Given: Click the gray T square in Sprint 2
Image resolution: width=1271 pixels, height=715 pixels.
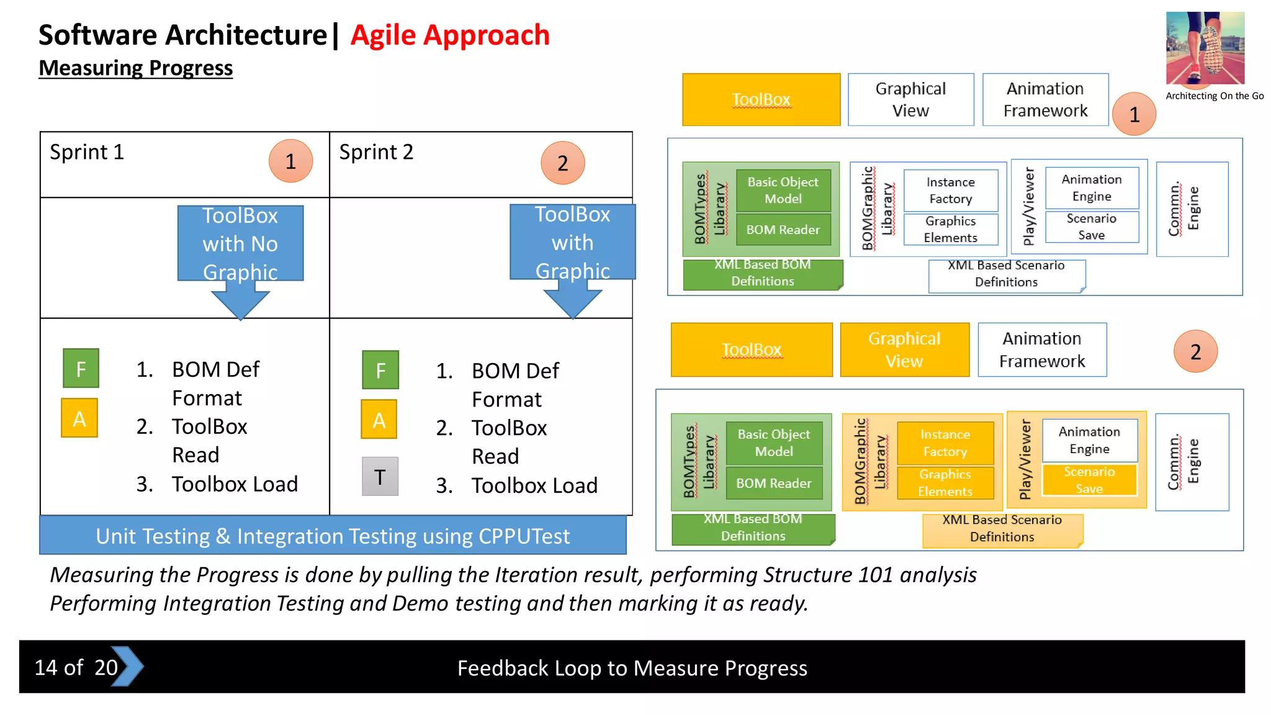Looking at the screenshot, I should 380,477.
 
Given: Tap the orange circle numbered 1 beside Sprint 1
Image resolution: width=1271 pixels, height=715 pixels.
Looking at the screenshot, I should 290,161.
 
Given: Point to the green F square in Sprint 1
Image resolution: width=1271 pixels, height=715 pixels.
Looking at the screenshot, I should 81,369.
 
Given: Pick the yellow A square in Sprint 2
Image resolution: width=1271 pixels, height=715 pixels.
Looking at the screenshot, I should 379,420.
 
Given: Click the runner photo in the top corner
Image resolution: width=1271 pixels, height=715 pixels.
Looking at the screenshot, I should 1205,48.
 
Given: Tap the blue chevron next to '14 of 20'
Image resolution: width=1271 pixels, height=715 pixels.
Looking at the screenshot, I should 129,667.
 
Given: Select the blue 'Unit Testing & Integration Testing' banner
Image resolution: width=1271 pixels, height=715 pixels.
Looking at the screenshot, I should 333,536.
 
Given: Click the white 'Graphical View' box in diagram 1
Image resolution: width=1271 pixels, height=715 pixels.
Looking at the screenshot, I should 910,100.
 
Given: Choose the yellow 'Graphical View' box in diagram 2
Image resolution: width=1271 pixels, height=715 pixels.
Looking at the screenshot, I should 904,350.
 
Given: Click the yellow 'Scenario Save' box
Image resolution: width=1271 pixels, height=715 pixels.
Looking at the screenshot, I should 1089,480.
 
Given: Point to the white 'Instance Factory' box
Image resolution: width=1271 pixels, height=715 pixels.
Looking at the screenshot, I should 950,191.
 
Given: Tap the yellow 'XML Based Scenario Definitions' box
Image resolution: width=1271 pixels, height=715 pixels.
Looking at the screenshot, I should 1002,529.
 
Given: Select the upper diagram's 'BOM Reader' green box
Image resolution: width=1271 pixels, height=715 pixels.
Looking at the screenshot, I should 783,230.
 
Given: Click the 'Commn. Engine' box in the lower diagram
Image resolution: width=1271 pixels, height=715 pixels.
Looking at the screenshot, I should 1192,462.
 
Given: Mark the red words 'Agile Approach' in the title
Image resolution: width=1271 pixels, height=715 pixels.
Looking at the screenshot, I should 450,35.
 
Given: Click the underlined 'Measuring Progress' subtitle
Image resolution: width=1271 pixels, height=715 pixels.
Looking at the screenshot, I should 135,68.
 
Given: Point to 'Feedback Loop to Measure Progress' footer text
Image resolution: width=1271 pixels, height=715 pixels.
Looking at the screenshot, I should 632,668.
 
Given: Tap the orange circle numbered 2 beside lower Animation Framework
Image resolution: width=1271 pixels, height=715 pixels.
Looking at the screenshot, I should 1195,352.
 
